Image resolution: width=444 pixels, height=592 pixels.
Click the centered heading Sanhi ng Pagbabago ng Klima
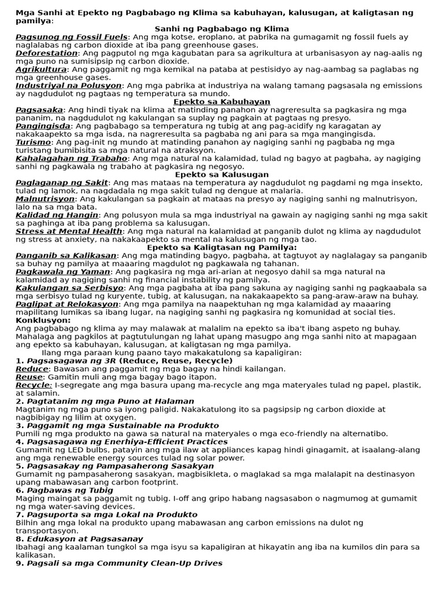coord(222,29)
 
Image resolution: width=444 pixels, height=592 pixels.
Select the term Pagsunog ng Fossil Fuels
coord(71,37)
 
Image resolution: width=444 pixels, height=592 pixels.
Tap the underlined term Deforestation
coord(46,53)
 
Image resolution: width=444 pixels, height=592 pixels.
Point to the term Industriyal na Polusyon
coord(68,86)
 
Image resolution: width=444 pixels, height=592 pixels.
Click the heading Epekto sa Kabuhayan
coord(222,102)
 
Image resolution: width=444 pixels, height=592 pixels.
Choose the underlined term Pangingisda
coord(43,126)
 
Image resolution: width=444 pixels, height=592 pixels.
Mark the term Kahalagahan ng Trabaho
coord(71,158)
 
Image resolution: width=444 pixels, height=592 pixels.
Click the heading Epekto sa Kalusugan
coord(222,175)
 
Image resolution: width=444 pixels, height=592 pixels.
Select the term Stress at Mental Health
coord(69,231)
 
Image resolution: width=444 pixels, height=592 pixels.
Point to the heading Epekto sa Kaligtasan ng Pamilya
coord(222,247)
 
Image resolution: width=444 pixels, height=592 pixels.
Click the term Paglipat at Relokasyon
coord(66,304)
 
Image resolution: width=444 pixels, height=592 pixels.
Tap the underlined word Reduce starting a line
coord(32,369)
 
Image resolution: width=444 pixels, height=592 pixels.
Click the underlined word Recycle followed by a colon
coord(34,385)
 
